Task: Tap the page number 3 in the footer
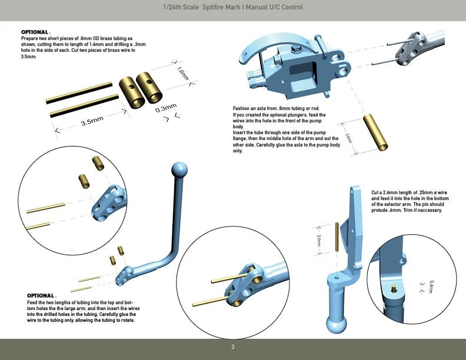pyautogui.click(x=232, y=347)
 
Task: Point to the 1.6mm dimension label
pyautogui.click(x=181, y=74)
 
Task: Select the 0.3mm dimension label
pyautogui.click(x=166, y=108)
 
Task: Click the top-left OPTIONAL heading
pyautogui.click(x=35, y=32)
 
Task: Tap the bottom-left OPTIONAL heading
pyautogui.click(x=41, y=295)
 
